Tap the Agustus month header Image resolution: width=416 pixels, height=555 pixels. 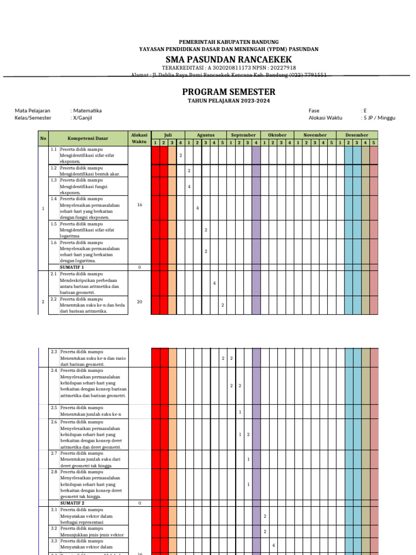pyautogui.click(x=206, y=135)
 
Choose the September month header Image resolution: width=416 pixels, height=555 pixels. pyautogui.click(x=244, y=135)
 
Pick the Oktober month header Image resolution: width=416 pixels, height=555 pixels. pyautogui.click(x=277, y=135)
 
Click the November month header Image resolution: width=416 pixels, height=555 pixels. pyautogui.click(x=315, y=135)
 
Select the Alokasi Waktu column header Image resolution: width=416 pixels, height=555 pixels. pyautogui.click(x=139, y=138)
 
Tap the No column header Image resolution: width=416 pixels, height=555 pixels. pyautogui.click(x=43, y=139)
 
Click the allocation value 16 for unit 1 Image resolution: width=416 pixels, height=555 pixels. pyautogui.click(x=140, y=205)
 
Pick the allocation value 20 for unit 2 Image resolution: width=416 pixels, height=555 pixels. pyautogui.click(x=140, y=301)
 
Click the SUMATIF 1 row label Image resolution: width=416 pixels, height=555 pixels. pyautogui.click(x=72, y=267)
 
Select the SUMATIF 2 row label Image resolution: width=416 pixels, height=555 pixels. pyautogui.click(x=72, y=503)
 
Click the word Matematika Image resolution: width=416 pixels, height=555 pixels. pyautogui.click(x=86, y=111)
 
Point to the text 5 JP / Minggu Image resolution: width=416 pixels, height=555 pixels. pyautogui.click(x=380, y=117)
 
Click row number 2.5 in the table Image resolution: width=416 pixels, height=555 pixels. pyautogui.click(x=54, y=407)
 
